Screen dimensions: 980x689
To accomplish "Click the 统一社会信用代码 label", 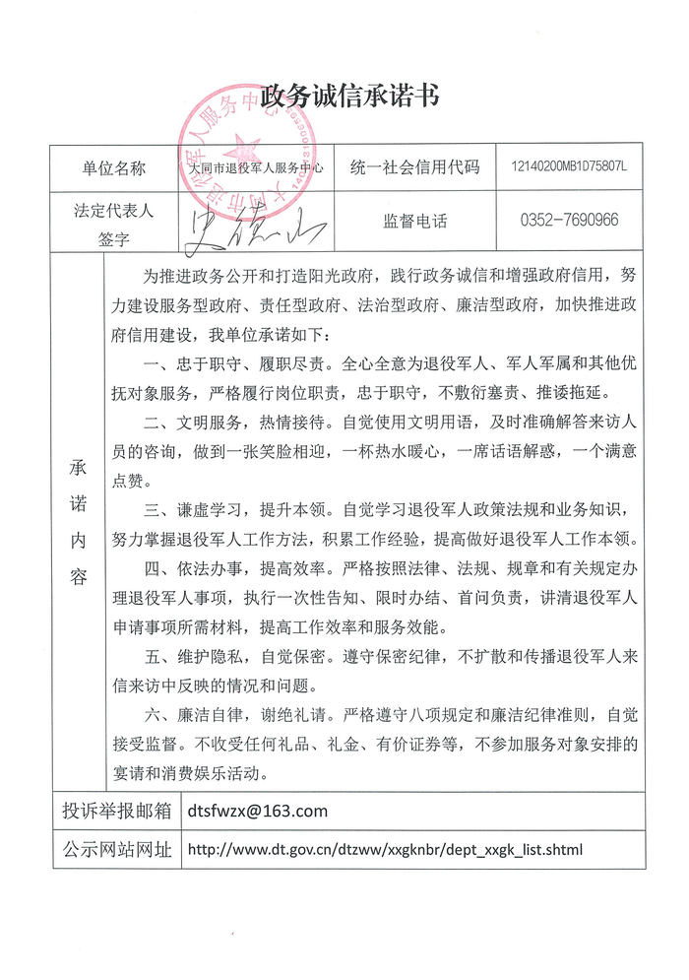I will click(x=414, y=168).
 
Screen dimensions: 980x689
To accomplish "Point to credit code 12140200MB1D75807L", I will click(x=570, y=168).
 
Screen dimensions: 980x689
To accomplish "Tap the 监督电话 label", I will click(x=414, y=222).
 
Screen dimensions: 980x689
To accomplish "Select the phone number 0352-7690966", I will click(x=570, y=221).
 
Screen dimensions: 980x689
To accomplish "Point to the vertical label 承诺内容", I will click(x=78, y=522).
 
